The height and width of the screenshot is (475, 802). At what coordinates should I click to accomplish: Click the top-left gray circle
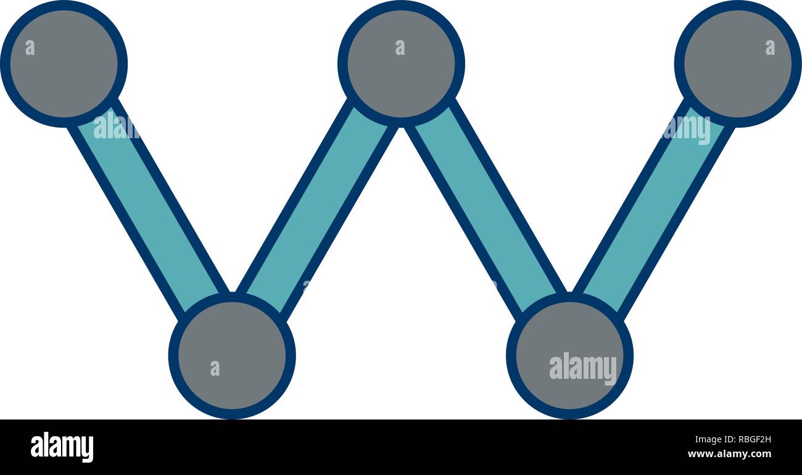(64, 64)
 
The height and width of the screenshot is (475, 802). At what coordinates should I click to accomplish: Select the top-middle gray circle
(401, 64)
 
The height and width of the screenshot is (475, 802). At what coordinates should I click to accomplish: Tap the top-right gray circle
(738, 64)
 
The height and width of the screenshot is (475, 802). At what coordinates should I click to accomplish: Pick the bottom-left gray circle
(232, 355)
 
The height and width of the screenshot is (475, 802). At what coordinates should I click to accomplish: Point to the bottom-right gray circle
(569, 355)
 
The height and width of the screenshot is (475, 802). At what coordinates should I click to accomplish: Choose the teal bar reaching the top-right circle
(654, 210)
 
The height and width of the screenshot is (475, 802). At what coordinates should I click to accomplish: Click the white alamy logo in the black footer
(62, 447)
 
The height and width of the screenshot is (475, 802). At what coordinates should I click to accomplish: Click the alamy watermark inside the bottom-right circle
(583, 368)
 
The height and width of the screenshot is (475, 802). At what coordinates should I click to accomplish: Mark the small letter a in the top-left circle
(30, 47)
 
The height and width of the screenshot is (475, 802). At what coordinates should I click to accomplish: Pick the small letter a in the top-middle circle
(400, 47)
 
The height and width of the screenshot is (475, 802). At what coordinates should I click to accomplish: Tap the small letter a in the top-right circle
(770, 47)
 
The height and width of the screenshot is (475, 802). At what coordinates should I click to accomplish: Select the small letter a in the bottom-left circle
(215, 368)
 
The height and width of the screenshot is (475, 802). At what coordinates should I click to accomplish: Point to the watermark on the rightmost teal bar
(687, 130)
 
